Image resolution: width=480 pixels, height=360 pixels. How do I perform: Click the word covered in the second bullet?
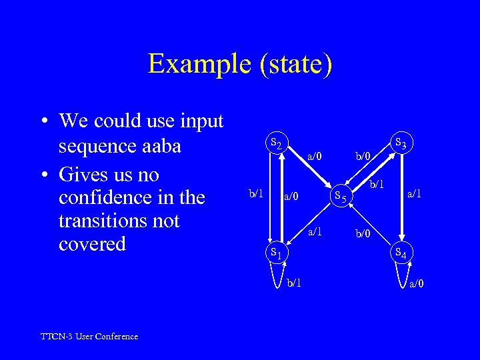pos(92,244)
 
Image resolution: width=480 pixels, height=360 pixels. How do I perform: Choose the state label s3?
pos(401,143)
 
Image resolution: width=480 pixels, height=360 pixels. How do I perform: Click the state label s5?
pos(340,195)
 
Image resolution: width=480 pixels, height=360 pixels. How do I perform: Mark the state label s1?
pos(275,252)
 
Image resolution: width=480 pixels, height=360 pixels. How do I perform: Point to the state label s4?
pos(401,253)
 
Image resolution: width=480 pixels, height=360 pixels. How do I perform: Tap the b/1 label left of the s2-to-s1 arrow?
pos(256,193)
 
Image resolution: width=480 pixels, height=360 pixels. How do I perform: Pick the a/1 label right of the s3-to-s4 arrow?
pos(415,193)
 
